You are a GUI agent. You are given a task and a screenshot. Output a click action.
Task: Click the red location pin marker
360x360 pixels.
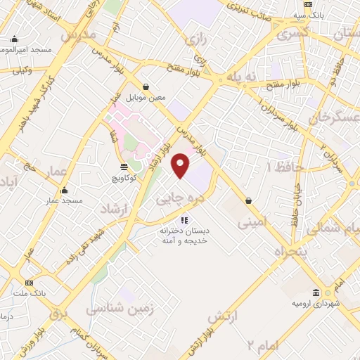tap(181, 165)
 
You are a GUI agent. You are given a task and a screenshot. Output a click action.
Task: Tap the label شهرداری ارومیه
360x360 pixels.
tap(312, 303)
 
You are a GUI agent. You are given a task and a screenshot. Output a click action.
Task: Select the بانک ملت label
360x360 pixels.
tap(28, 292)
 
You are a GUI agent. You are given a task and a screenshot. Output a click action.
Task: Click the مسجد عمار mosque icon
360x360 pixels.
tap(64, 190)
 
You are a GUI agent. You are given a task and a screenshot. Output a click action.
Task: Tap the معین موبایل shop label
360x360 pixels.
tap(146, 97)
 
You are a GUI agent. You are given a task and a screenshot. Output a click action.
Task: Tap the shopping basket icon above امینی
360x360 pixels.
tap(248, 200)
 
